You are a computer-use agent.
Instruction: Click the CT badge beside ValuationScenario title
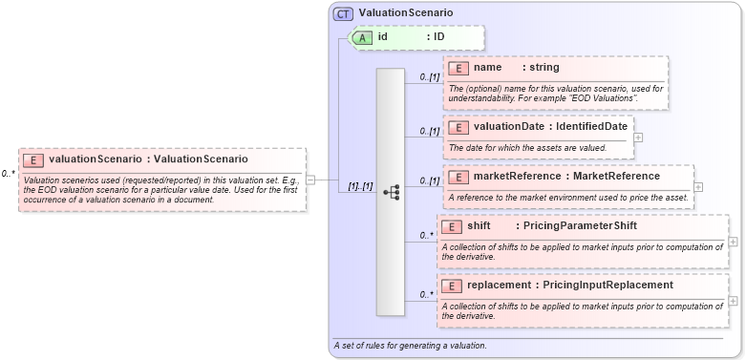click(343, 13)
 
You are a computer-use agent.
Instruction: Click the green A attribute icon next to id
click(363, 37)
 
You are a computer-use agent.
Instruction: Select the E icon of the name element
click(459, 68)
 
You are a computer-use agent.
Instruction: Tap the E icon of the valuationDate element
click(459, 127)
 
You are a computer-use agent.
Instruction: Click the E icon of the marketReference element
click(459, 177)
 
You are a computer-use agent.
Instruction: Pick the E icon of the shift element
click(453, 226)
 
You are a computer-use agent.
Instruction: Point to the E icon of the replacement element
click(453, 286)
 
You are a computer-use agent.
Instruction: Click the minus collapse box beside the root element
click(310, 179)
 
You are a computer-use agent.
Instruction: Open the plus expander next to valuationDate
click(638, 138)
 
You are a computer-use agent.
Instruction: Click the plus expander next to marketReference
click(698, 187)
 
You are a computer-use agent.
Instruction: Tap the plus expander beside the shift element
click(733, 243)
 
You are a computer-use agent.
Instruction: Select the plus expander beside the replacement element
click(733, 301)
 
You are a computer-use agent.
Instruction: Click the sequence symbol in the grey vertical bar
click(391, 192)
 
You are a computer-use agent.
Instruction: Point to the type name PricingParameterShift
click(574, 226)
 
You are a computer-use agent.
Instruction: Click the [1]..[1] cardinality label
click(359, 185)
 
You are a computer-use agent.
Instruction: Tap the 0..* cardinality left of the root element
click(9, 174)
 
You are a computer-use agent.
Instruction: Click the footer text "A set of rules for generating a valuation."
click(410, 345)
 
